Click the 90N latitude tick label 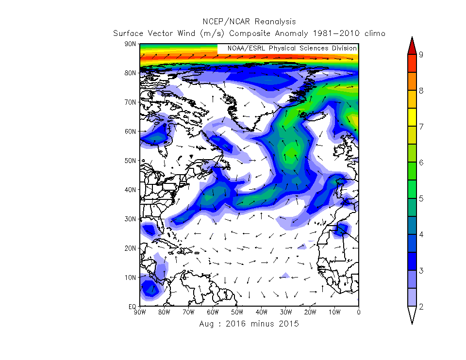pos(130,44)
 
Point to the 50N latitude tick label pos(130,161)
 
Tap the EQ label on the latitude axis pos(132,307)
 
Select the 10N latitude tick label pos(130,278)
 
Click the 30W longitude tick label pos(286,312)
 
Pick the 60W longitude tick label pos(213,312)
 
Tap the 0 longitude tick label pos(358,312)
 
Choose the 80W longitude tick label pos(164,312)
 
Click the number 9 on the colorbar pos(421,54)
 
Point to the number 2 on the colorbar pos(421,306)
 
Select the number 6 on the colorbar pos(421,163)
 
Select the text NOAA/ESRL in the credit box pos(246,49)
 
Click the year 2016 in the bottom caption pos(235,324)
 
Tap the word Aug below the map pos(206,324)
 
